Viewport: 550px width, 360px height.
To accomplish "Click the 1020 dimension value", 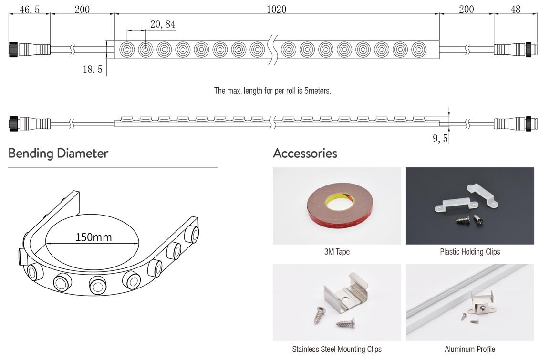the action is pyautogui.click(x=276, y=9).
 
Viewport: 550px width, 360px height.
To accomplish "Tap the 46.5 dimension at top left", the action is pyautogui.click(x=30, y=10).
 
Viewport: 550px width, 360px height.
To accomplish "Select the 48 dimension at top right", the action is pyautogui.click(x=515, y=10).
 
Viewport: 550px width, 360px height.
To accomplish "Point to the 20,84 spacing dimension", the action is pyautogui.click(x=163, y=24).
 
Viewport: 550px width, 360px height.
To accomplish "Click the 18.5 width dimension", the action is pyautogui.click(x=93, y=70).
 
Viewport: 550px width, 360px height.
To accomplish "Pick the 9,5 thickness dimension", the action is pyautogui.click(x=440, y=138).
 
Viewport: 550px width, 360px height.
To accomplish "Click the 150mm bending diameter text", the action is pyautogui.click(x=93, y=237).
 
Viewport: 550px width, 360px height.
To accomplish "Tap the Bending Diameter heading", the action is pyautogui.click(x=58, y=153).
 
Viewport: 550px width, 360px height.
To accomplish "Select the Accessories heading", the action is pyautogui.click(x=305, y=153).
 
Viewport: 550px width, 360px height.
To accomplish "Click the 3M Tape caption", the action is pyautogui.click(x=337, y=252).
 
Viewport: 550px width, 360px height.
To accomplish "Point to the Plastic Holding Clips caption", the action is pyautogui.click(x=470, y=252).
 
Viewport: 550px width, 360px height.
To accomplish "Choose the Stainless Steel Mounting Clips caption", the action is pyautogui.click(x=337, y=349).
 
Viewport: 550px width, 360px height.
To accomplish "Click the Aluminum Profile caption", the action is pyautogui.click(x=470, y=349).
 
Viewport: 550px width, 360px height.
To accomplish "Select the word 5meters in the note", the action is pyautogui.click(x=317, y=91).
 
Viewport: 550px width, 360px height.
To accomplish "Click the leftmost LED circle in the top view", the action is pyautogui.click(x=127, y=50).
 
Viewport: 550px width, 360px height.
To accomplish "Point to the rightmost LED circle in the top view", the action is pyautogui.click(x=418, y=50).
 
